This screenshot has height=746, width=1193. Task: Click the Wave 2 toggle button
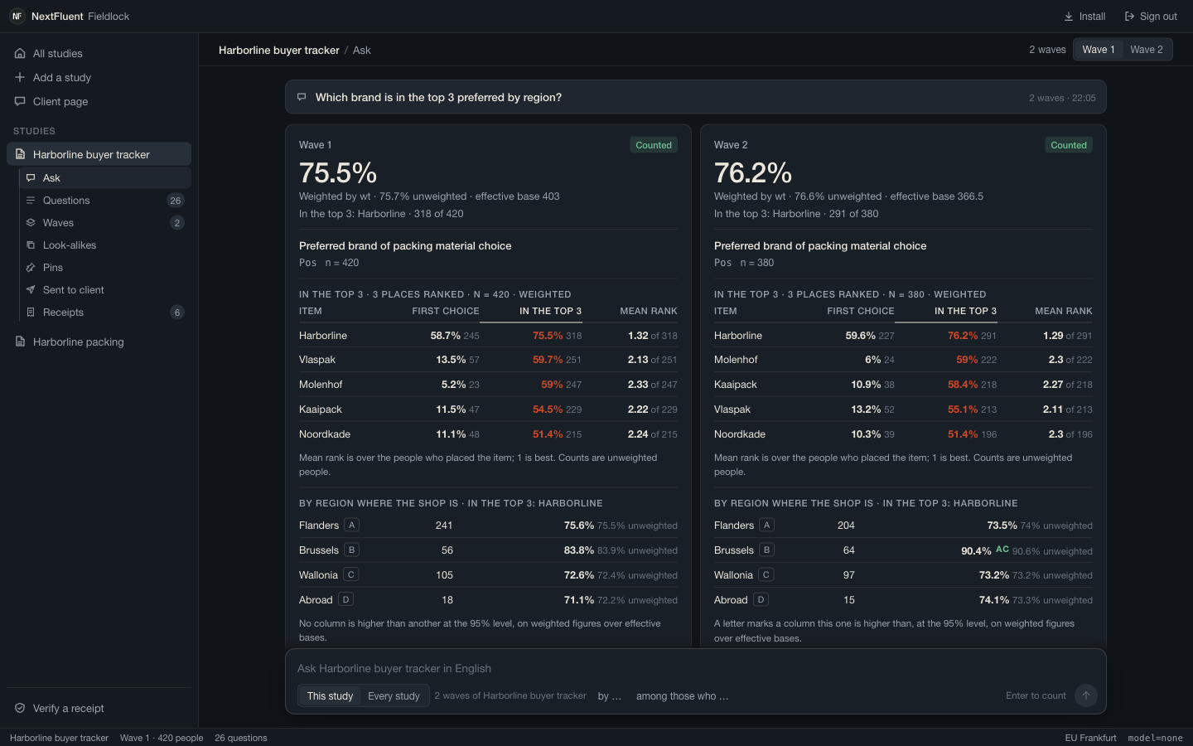pyautogui.click(x=1146, y=50)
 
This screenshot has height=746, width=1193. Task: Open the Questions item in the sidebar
pyautogui.click(x=66, y=201)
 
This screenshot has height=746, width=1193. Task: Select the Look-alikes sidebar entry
pyautogui.click(x=70, y=245)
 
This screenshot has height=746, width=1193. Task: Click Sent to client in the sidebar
pyautogui.click(x=73, y=290)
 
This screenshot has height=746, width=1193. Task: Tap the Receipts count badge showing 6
pyautogui.click(x=176, y=312)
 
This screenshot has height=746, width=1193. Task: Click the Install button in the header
pyautogui.click(x=1084, y=17)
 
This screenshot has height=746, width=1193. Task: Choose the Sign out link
pyautogui.click(x=1151, y=17)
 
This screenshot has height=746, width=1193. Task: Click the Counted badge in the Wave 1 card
pyautogui.click(x=654, y=145)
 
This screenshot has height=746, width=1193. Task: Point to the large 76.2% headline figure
pyautogui.click(x=752, y=172)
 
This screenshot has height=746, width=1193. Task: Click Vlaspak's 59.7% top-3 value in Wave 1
pyautogui.click(x=548, y=360)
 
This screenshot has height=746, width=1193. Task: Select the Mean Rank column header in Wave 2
pyautogui.click(x=1063, y=311)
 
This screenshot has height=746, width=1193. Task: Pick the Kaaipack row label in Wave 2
pyautogui.click(x=735, y=385)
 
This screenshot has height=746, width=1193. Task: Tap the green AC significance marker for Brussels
pyautogui.click(x=1002, y=550)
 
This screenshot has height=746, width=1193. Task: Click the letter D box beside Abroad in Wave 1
pyautogui.click(x=345, y=599)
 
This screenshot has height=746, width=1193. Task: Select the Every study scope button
pyautogui.click(x=394, y=696)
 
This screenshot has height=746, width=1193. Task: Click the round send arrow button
pyautogui.click(x=1085, y=695)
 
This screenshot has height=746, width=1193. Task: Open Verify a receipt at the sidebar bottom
pyautogui.click(x=68, y=708)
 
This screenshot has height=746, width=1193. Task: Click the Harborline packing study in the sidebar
pyautogui.click(x=78, y=342)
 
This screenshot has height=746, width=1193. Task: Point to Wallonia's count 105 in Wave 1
pyautogui.click(x=444, y=575)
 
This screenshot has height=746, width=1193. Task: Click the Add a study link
pyautogui.click(x=62, y=78)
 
